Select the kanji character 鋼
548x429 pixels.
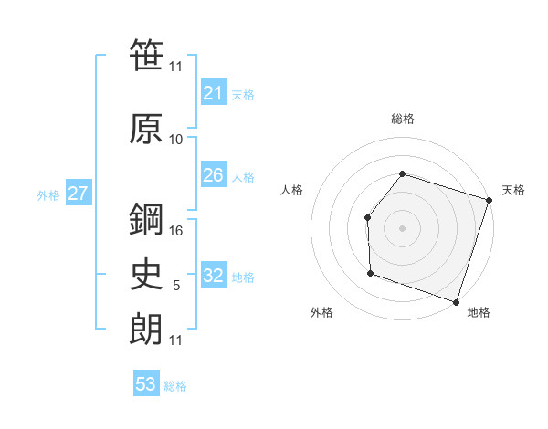tap(146, 219)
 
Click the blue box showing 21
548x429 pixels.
tap(213, 92)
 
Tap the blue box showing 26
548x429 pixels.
tap(213, 175)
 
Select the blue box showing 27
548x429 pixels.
tap(78, 194)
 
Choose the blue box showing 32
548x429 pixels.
tap(213, 276)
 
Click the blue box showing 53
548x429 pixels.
tap(146, 383)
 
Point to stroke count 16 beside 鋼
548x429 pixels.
tap(177, 231)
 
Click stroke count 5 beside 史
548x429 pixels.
tap(176, 286)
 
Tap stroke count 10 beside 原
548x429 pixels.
tap(176, 140)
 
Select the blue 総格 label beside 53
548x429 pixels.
tap(175, 386)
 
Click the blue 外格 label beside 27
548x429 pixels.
tap(48, 195)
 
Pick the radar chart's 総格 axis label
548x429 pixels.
tap(402, 119)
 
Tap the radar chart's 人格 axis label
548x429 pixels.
tap(291, 190)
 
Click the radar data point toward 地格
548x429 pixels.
tap(456, 301)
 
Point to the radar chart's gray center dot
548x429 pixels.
tap(402, 227)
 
